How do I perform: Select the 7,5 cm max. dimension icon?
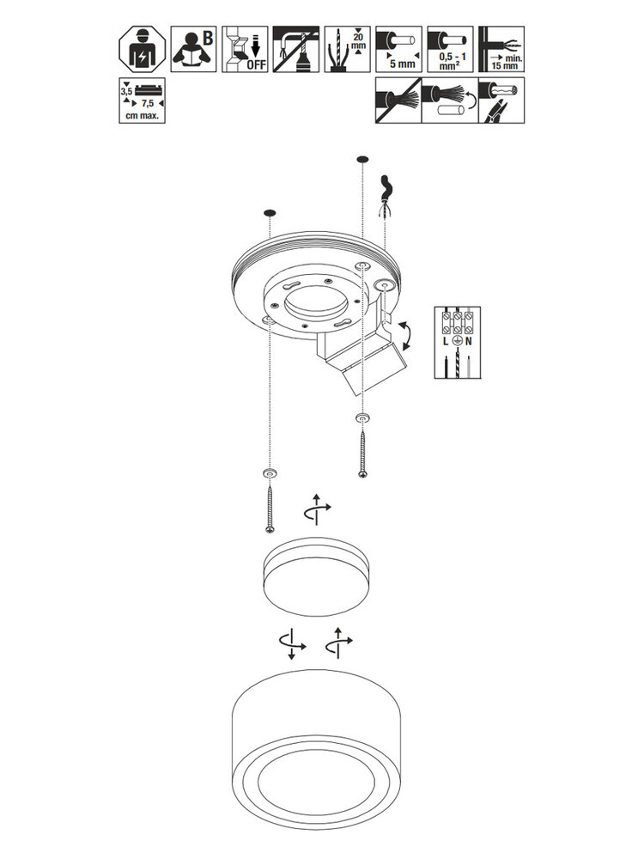click(141, 101)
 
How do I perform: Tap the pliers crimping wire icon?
click(500, 101)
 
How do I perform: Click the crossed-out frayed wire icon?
click(398, 101)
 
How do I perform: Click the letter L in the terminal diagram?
click(444, 342)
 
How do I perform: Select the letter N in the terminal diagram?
click(471, 342)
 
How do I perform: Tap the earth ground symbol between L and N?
click(457, 342)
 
